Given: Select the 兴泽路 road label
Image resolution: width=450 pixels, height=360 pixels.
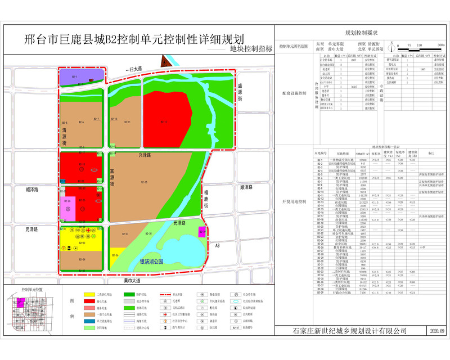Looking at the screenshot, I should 146,155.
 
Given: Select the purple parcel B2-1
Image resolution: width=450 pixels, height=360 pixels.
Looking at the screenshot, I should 80,77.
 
